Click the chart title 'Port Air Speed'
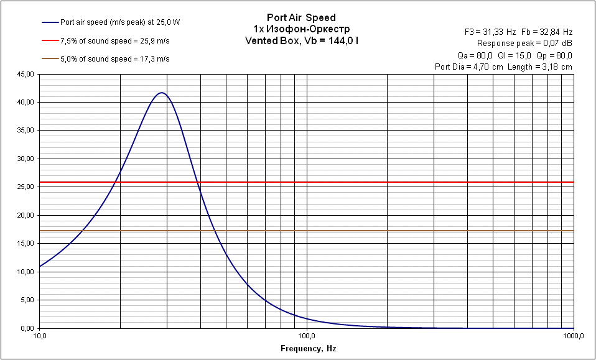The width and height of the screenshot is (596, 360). click(x=300, y=18)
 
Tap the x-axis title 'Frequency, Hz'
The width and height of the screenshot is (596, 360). click(x=308, y=349)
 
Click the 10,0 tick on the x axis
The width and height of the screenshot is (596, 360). click(x=39, y=336)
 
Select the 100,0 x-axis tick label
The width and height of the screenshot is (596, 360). click(x=307, y=336)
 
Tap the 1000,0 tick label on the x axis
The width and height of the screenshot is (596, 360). click(x=573, y=336)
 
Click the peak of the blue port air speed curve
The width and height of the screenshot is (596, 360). click(x=162, y=93)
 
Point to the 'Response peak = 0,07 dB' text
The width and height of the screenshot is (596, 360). click(x=524, y=43)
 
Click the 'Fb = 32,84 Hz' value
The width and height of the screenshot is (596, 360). click(x=551, y=31)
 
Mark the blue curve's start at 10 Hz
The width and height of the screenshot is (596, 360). click(x=40, y=267)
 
